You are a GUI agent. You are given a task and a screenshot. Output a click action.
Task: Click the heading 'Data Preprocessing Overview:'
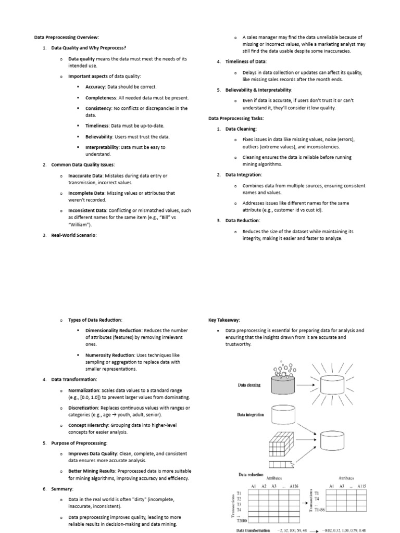(66, 37)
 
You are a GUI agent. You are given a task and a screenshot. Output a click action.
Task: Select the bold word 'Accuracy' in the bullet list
(95, 87)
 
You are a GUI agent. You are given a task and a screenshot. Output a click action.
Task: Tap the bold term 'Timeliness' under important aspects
(97, 126)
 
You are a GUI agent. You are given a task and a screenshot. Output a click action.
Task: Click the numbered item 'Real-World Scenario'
(73, 235)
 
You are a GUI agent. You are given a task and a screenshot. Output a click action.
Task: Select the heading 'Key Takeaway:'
(224, 320)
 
